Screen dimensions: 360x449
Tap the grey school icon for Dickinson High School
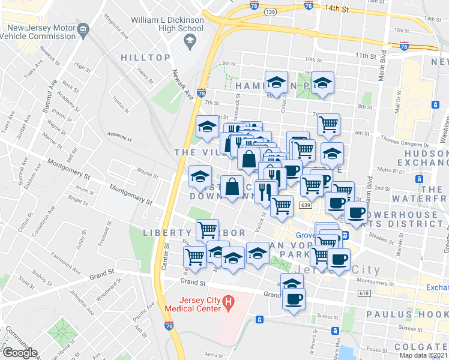click(x=190, y=41)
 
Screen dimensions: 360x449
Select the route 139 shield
click(x=271, y=11)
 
